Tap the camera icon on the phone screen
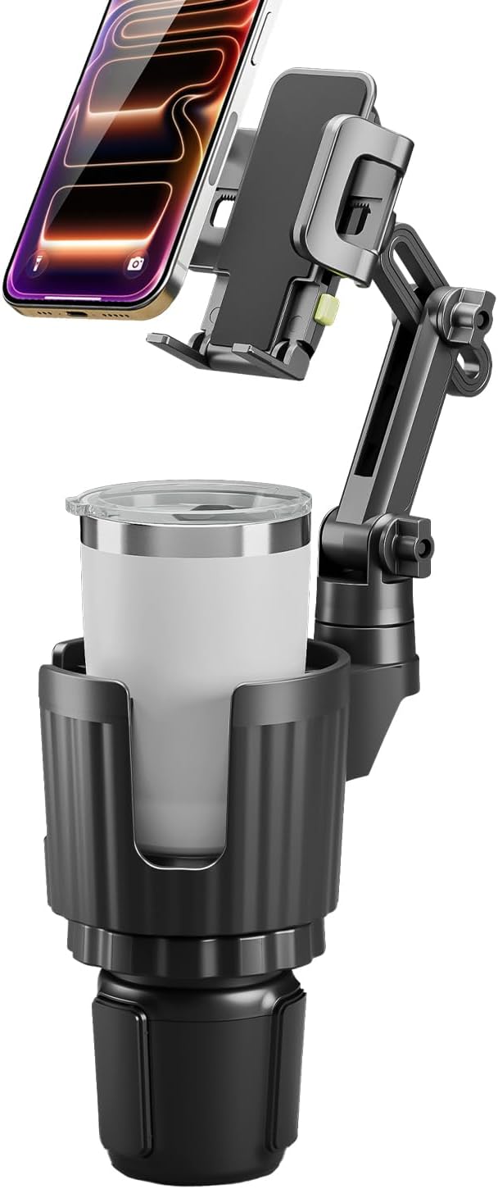[136, 264]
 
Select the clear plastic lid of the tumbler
[188, 499]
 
